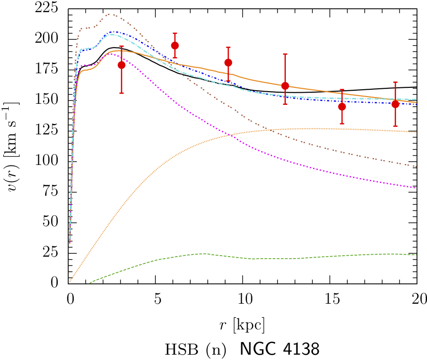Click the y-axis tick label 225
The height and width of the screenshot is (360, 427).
click(50, 8)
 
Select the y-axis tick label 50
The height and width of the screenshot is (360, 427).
click(53, 222)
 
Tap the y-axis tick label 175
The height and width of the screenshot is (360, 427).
click(50, 70)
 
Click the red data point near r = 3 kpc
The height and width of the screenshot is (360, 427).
click(121, 65)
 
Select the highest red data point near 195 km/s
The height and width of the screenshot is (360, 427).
click(175, 46)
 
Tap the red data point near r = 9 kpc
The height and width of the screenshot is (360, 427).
click(229, 63)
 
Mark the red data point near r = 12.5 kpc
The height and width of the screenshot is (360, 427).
click(285, 86)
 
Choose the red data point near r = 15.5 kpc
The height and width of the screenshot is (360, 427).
click(342, 107)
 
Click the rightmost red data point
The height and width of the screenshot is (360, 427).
click(395, 104)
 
